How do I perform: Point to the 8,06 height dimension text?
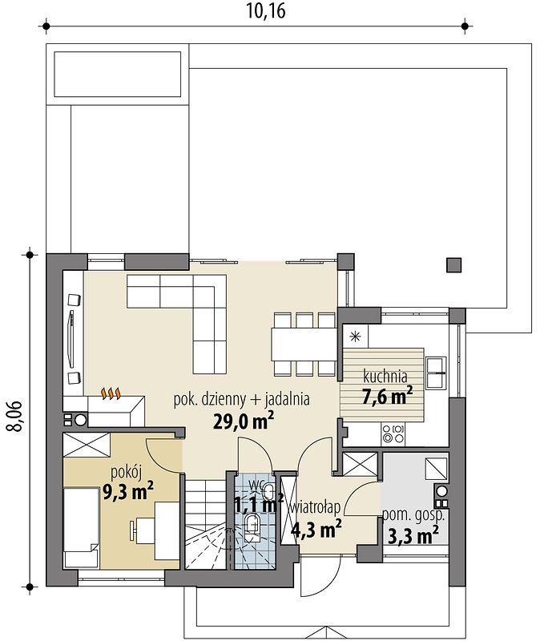[x=14, y=416]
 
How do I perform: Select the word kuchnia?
[x=385, y=375]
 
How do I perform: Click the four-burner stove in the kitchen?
[x=393, y=434]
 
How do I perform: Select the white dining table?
[x=303, y=345]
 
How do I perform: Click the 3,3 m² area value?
[x=412, y=535]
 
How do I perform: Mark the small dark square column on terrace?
[x=454, y=264]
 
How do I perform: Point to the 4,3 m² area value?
[x=316, y=528]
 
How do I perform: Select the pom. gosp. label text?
[x=413, y=515]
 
